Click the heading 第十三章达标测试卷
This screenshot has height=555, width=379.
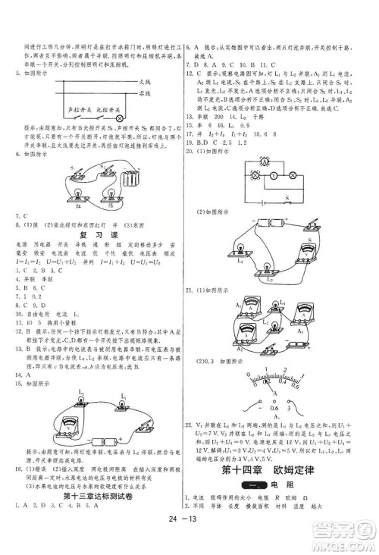(x=93, y=496)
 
